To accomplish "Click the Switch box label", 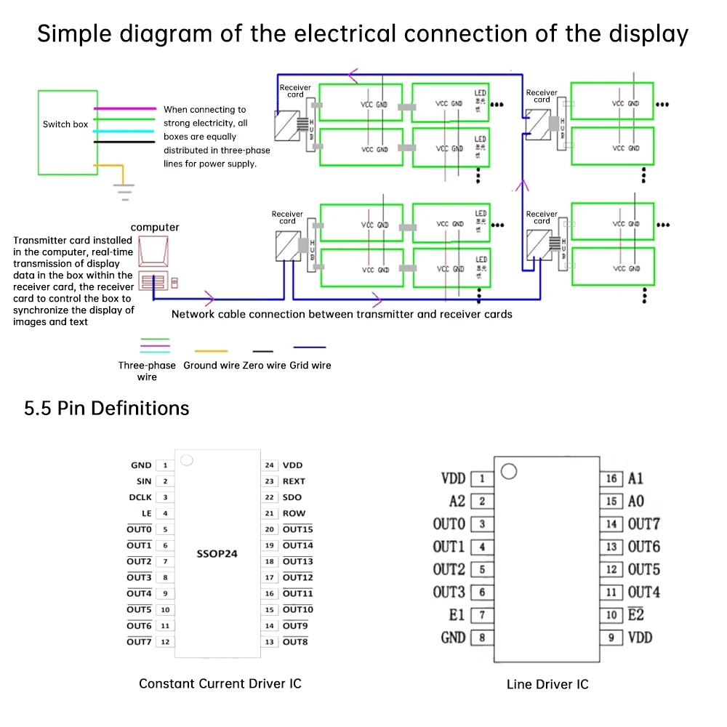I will tap(65, 124).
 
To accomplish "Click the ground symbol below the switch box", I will tap(126, 191).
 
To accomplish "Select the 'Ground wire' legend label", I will tap(211, 365).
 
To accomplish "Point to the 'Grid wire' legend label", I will tap(310, 365).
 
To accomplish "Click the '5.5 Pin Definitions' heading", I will tap(107, 409).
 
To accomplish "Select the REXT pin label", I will tap(294, 481).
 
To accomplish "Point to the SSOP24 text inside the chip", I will tap(217, 553).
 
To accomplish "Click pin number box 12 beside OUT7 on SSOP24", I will tap(165, 642).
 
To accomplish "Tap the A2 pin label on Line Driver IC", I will tap(457, 502).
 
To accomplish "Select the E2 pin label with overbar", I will tap(636, 615).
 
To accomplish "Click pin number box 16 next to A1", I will tap(611, 478).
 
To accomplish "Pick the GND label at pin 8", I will tap(453, 638).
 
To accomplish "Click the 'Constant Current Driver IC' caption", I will tap(220, 683).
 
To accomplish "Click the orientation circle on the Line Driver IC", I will tap(509, 472).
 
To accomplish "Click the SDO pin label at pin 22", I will tap(292, 497).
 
